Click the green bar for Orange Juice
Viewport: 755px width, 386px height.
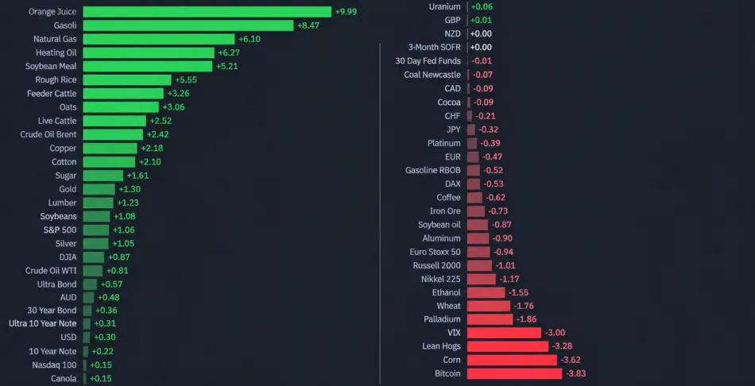[207, 12]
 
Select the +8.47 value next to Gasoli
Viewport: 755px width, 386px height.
[308, 25]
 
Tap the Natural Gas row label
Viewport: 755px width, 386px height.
[55, 39]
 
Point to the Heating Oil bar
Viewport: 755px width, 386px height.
[149, 52]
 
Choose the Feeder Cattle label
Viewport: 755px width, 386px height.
[52, 94]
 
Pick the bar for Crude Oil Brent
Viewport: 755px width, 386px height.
[113, 134]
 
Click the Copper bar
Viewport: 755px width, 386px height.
[110, 149]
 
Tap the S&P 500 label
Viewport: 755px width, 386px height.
[60, 230]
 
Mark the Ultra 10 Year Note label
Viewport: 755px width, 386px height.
[43, 323]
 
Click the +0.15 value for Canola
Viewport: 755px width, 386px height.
[101, 378]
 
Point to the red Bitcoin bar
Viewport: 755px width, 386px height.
[514, 373]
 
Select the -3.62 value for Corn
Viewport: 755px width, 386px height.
[571, 360]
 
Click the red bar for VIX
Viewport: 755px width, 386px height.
[504, 333]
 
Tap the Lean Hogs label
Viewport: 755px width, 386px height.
[442, 346]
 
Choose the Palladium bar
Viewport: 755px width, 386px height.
[490, 319]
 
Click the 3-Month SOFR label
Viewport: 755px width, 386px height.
[434, 47]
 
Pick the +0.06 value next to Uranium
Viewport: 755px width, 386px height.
[482, 6]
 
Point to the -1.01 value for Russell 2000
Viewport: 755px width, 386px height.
[505, 266]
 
